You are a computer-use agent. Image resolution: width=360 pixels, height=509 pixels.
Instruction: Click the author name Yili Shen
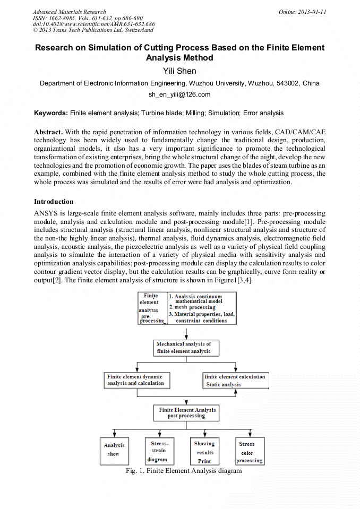pos(179,71)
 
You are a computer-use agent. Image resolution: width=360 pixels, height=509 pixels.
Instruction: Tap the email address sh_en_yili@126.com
pos(179,94)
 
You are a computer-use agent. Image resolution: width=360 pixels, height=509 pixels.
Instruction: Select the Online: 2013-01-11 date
pos(302,12)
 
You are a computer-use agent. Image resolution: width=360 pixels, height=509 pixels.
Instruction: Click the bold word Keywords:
pos(51,113)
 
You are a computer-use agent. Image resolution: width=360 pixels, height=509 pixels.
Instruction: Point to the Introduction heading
pos(54,202)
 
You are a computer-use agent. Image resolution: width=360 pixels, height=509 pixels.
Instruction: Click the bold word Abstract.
pos(49,131)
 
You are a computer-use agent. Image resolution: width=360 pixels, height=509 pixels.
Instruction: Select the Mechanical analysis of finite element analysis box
pos(186,348)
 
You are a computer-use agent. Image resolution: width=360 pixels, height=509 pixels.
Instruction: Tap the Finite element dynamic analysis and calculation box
pos(135,380)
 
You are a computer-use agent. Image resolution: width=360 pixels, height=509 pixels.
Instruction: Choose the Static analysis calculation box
pos(234,381)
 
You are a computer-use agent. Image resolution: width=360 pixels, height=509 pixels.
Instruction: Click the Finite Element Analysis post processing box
pos(187,412)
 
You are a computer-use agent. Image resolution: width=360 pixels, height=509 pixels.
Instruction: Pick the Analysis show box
pos(114,450)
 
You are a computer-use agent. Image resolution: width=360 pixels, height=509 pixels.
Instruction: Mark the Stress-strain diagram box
pos(158,451)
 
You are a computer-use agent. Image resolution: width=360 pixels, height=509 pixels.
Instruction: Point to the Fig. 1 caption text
pos(184,471)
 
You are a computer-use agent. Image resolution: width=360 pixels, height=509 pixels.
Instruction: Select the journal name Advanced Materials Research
pos(69,12)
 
